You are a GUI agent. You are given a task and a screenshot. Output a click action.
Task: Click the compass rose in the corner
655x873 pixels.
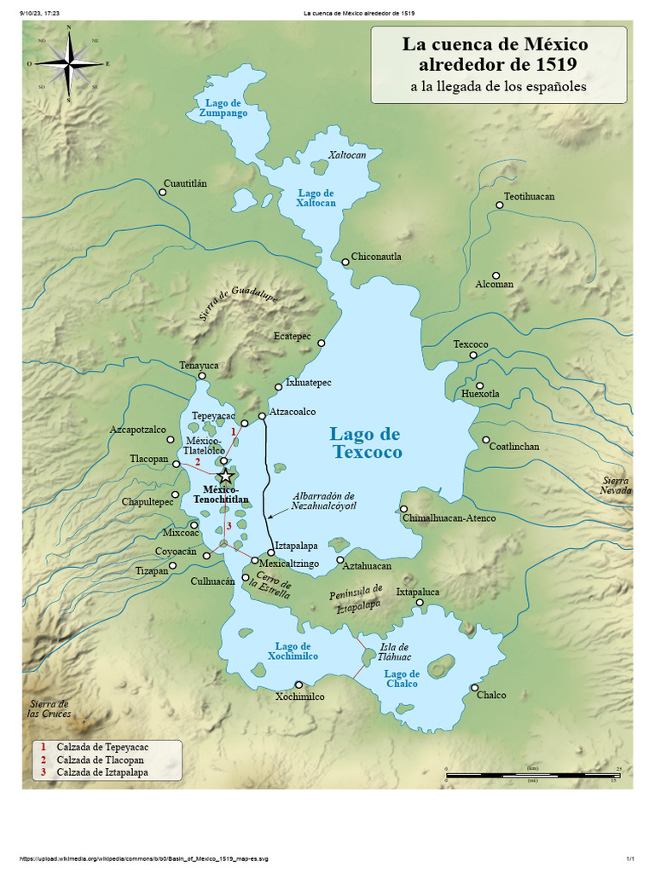point(68,63)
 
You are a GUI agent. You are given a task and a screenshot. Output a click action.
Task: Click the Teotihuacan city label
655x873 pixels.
point(529,196)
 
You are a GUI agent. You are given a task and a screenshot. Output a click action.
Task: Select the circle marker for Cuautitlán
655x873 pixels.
point(162,192)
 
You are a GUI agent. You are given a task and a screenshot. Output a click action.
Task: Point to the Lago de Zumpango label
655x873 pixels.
point(223,107)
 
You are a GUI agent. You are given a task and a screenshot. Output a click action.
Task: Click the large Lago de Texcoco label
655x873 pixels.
point(366,443)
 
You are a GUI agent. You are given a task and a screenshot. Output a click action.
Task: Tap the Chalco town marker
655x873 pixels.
point(474,688)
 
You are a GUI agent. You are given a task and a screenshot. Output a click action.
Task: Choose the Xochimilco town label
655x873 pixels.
point(299,697)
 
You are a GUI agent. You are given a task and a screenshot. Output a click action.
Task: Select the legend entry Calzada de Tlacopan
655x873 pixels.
point(100,760)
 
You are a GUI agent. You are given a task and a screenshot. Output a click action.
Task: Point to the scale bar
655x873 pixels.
point(531,775)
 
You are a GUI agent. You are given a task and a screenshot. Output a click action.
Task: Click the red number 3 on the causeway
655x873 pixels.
point(229,526)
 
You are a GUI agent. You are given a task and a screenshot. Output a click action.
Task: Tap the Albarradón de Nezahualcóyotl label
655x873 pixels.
point(323,500)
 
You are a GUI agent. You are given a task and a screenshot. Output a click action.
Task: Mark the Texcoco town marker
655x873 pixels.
point(473,355)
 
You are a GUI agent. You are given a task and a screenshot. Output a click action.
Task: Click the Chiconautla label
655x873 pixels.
point(376,257)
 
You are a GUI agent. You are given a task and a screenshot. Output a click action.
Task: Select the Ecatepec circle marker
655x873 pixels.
point(322,344)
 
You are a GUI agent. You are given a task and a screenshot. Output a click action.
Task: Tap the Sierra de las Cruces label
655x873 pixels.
point(50,708)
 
